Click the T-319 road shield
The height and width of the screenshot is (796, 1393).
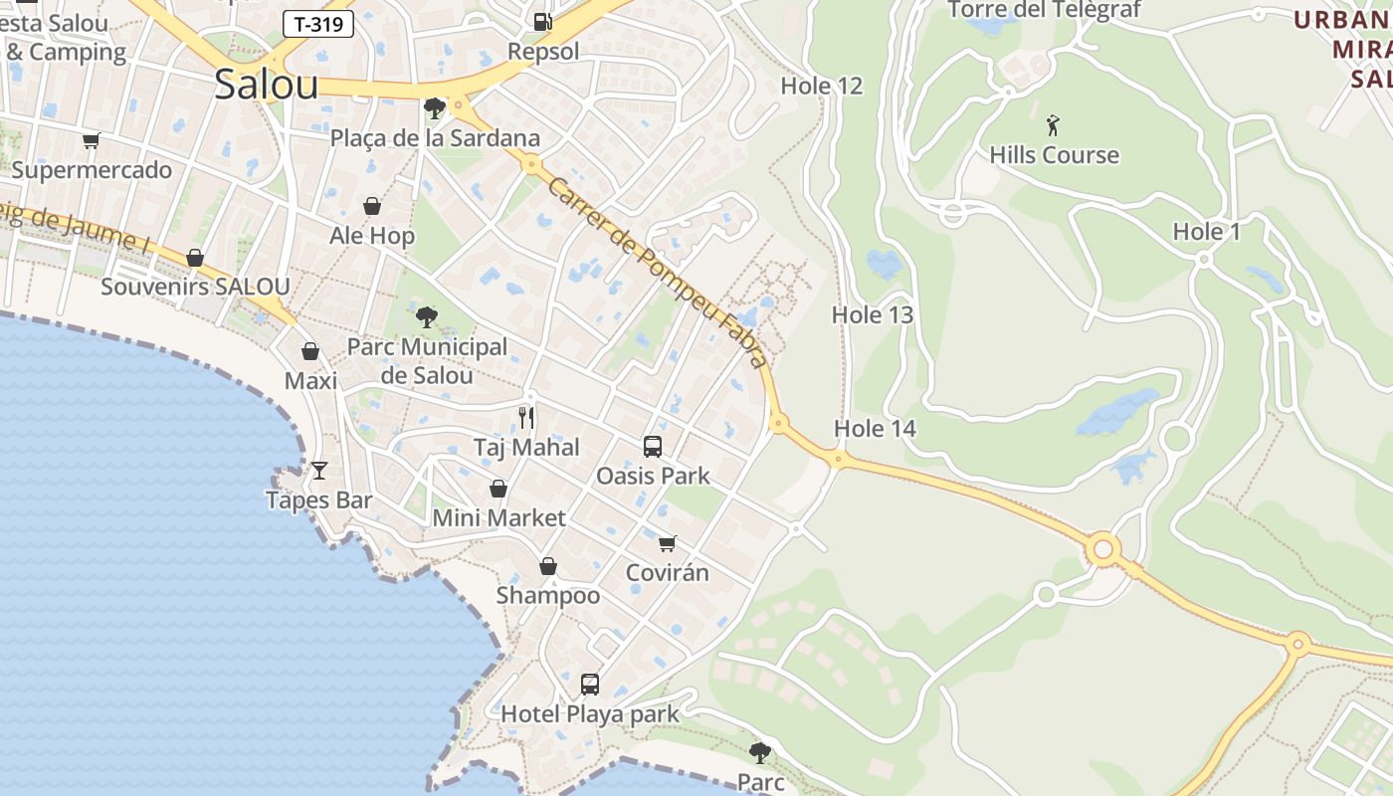pyautogui.click(x=318, y=24)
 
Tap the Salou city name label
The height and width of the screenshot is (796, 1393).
pyautogui.click(x=267, y=86)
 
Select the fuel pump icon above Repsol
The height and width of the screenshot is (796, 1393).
pyautogui.click(x=542, y=21)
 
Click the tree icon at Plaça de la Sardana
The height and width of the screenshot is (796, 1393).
pyautogui.click(x=434, y=107)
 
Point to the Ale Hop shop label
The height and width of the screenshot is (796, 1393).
pyautogui.click(x=372, y=236)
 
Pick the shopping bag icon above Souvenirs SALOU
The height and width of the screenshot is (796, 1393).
pyautogui.click(x=195, y=258)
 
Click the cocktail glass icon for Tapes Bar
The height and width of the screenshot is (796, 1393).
pyautogui.click(x=318, y=470)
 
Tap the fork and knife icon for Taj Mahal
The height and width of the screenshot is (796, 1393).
pyautogui.click(x=526, y=418)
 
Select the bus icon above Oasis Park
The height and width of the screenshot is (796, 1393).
pyautogui.click(x=653, y=447)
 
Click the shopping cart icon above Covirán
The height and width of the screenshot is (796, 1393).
pyautogui.click(x=668, y=543)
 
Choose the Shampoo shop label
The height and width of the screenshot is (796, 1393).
pyautogui.click(x=548, y=595)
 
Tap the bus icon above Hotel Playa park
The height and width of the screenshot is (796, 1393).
pyautogui.click(x=590, y=685)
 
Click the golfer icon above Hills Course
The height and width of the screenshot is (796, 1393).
pyautogui.click(x=1054, y=125)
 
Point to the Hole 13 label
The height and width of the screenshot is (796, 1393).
pyautogui.click(x=873, y=315)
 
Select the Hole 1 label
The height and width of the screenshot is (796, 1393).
pyautogui.click(x=1207, y=232)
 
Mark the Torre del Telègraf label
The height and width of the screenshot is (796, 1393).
pyautogui.click(x=1045, y=10)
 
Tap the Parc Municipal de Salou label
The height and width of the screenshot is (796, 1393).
pyautogui.click(x=427, y=361)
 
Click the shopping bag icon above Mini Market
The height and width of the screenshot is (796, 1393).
pyautogui.click(x=498, y=489)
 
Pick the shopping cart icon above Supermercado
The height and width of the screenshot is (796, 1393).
pyautogui.click(x=92, y=141)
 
